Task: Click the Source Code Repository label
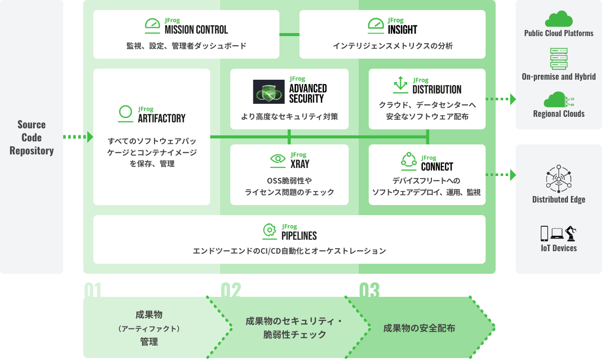pos(32,137)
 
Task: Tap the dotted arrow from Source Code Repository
pos(78,136)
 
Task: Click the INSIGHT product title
pos(402,30)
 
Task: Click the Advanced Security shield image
pos(269,92)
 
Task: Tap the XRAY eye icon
pos(277,159)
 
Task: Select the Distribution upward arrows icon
pos(400,85)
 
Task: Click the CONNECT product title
pos(437,166)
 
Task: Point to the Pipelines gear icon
pos(270,230)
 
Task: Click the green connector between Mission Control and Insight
pos(289,34)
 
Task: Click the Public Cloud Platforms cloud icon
pos(558,19)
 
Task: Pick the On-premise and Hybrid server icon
pos(558,59)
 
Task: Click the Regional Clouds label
pos(558,114)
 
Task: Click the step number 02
pos(231,290)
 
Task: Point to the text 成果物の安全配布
pos(419,329)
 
